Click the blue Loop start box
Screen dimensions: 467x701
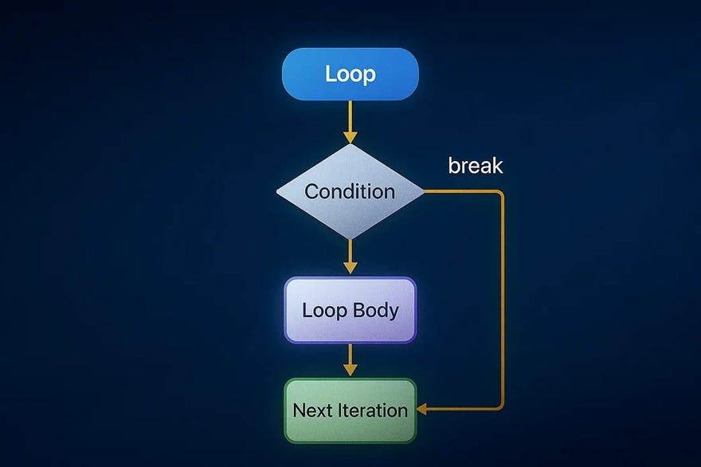[350, 74]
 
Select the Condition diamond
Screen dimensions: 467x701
[350, 192]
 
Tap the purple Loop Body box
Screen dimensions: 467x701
[350, 310]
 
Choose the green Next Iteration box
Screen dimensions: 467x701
[350, 410]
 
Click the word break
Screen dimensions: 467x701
[476, 166]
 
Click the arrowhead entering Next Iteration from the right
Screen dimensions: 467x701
[421, 410]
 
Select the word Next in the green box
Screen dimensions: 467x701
[311, 410]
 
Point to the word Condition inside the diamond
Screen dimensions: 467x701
[350, 192]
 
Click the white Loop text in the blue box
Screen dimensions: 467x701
[350, 74]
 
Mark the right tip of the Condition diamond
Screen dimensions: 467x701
[424, 192]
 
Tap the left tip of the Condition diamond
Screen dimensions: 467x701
[277, 192]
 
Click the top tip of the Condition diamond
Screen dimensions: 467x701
[350, 145]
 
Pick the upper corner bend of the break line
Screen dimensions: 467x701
[502, 194]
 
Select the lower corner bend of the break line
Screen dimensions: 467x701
[502, 408]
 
